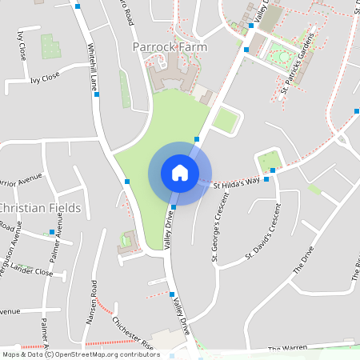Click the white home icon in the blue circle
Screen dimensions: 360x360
pyautogui.click(x=180, y=173)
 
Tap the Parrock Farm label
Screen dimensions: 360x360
pyautogui.click(x=170, y=47)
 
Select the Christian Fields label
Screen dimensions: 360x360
pyautogui.click(x=40, y=208)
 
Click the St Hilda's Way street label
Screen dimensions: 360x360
pyautogui.click(x=237, y=183)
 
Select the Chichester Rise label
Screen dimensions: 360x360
pyautogui.click(x=133, y=332)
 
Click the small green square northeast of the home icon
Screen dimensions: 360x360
pyautogui.click(x=226, y=121)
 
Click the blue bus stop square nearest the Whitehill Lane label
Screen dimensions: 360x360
pyautogui.click(x=98, y=94)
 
